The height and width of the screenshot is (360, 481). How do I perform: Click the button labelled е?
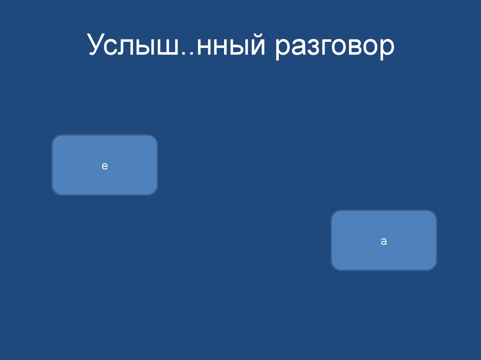[x=104, y=165]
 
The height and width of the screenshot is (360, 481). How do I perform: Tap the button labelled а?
[x=384, y=240]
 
